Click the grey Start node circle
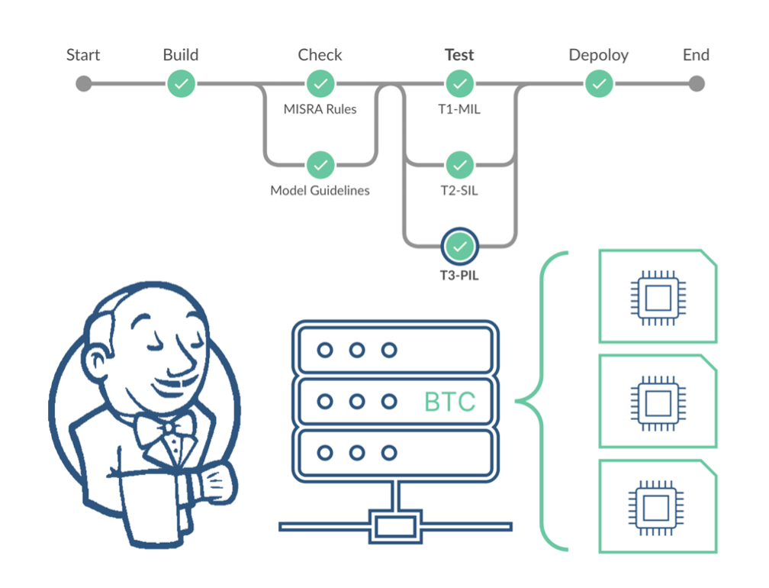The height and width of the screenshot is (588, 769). (84, 84)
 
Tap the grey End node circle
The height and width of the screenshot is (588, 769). (696, 84)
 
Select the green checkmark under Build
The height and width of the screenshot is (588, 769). (181, 84)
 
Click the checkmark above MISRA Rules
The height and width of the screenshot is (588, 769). (320, 84)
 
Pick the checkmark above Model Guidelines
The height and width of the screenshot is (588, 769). (320, 164)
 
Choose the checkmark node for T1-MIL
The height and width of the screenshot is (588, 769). (459, 84)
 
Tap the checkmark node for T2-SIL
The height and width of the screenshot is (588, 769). (459, 164)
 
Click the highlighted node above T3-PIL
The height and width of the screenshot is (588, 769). (459, 246)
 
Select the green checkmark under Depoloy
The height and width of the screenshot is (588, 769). (600, 84)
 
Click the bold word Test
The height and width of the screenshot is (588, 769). (459, 55)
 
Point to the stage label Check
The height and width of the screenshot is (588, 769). (320, 55)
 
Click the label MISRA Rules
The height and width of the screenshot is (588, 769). (320, 109)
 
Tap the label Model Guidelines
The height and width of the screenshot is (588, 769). (320, 190)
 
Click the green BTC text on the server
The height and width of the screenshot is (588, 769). (450, 402)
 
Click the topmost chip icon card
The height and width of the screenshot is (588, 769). (658, 296)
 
